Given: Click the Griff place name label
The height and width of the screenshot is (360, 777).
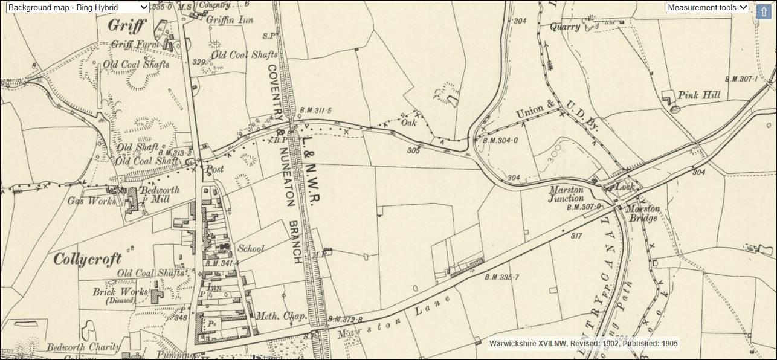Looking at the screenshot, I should [x=127, y=26].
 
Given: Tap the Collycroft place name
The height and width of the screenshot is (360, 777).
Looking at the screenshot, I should [x=88, y=259].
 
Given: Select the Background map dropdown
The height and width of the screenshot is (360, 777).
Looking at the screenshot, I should [x=76, y=7].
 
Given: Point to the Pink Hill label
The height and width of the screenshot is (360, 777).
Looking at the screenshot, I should [x=699, y=95].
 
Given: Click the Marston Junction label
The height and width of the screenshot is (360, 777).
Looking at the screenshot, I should [x=566, y=194].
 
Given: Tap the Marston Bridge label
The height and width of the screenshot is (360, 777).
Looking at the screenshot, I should [x=643, y=213].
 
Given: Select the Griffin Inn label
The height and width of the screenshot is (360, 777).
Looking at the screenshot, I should [x=230, y=18].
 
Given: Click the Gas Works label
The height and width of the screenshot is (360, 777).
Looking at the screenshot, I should [x=92, y=201].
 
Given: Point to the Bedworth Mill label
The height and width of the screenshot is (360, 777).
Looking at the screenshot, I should [x=160, y=194].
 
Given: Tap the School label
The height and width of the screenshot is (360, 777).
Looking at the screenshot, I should [x=251, y=248].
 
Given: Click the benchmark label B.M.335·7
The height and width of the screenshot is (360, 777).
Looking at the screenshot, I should [x=501, y=277].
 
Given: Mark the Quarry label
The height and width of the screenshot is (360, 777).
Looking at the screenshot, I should [x=565, y=27].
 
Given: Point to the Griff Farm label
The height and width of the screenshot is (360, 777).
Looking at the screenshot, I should [x=134, y=45].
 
